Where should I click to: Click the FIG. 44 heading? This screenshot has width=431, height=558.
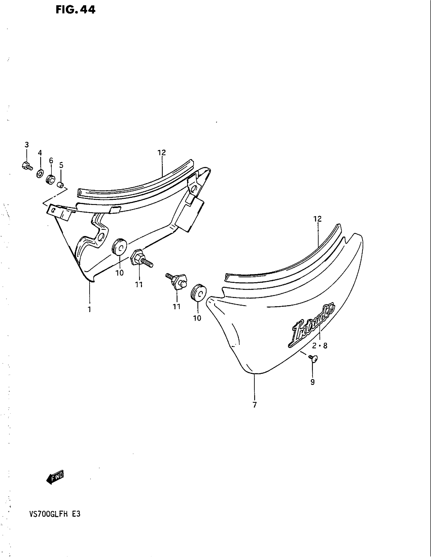click(x=76, y=10)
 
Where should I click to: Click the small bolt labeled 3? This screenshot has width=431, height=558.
click(x=27, y=166)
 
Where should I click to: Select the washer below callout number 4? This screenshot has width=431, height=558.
click(x=40, y=174)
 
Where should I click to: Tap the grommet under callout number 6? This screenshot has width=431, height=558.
click(x=50, y=179)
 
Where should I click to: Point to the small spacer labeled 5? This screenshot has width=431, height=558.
click(x=61, y=184)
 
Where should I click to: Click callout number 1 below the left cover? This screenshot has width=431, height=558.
click(x=89, y=309)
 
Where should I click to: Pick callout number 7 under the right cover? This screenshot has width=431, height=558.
click(x=255, y=405)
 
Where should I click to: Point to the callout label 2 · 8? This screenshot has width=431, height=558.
click(x=319, y=346)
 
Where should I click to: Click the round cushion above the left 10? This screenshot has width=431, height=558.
click(x=119, y=247)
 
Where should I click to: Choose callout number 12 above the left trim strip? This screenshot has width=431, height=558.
click(x=162, y=152)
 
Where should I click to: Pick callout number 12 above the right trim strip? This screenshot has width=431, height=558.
click(x=318, y=219)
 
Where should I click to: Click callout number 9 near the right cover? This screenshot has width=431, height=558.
click(x=313, y=382)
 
